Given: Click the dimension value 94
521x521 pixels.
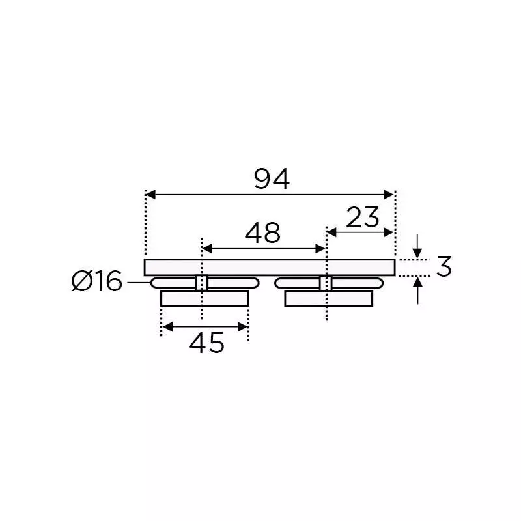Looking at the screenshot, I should [272, 179].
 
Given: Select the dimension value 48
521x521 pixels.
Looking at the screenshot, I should [262, 232].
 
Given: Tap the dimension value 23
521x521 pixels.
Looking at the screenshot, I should [363, 218].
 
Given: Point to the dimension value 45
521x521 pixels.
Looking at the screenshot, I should [206, 343].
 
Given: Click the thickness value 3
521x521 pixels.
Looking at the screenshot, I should [444, 267].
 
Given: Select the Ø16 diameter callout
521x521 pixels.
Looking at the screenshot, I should [97, 282].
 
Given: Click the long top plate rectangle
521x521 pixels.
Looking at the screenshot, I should [270, 267].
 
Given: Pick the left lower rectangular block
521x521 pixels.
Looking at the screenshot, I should [204, 298].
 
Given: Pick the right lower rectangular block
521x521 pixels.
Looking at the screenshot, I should [328, 298].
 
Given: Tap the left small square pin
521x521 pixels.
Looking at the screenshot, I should [202, 282].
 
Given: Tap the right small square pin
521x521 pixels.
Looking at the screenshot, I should [325, 282].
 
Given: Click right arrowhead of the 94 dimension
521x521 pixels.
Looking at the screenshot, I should [389, 194].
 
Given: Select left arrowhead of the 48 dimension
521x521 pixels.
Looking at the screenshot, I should [207, 248].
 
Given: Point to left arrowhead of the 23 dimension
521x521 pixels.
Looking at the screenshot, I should [331, 232].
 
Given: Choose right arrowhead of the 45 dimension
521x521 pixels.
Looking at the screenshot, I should [244, 326].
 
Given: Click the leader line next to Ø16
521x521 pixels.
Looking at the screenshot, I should [138, 282].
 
